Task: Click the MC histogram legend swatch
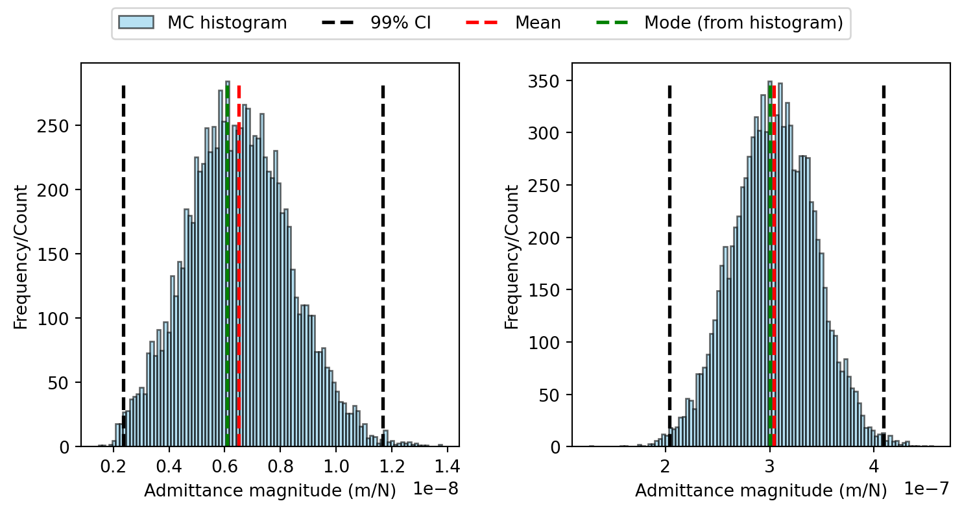tap(136, 22)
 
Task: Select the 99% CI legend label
tap(401, 22)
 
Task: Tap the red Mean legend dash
tap(482, 22)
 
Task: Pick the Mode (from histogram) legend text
tap(744, 23)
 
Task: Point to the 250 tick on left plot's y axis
tap(53, 127)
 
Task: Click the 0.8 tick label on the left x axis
tap(280, 466)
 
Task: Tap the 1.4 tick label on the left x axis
tap(447, 466)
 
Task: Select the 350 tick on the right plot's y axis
tap(544, 81)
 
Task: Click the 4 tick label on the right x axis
tap(874, 466)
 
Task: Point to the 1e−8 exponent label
tap(435, 489)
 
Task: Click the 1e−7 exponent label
tap(926, 489)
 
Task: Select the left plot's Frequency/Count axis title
tap(21, 257)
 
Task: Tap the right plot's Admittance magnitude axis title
tap(761, 491)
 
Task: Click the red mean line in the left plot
tap(239, 266)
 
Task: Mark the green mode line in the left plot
tap(227, 266)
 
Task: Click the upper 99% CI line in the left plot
tap(383, 266)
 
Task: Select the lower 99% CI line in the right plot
tap(669, 266)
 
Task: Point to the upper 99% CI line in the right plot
tap(884, 266)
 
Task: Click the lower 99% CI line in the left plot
tap(124, 266)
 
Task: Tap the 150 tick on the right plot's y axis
tap(544, 290)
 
